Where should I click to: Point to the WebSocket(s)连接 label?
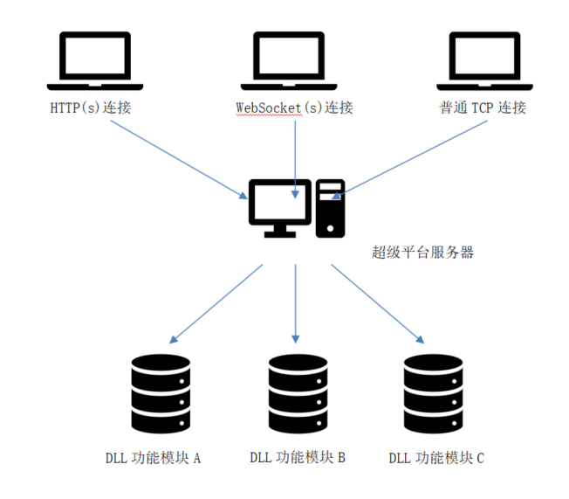(x=294, y=108)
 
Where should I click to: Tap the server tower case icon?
(x=330, y=208)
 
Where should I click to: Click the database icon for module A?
(x=160, y=394)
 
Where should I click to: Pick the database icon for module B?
(x=298, y=394)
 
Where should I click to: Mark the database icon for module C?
(x=433, y=394)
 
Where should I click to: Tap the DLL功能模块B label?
(x=298, y=458)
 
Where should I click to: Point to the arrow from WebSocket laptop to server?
(x=297, y=157)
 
